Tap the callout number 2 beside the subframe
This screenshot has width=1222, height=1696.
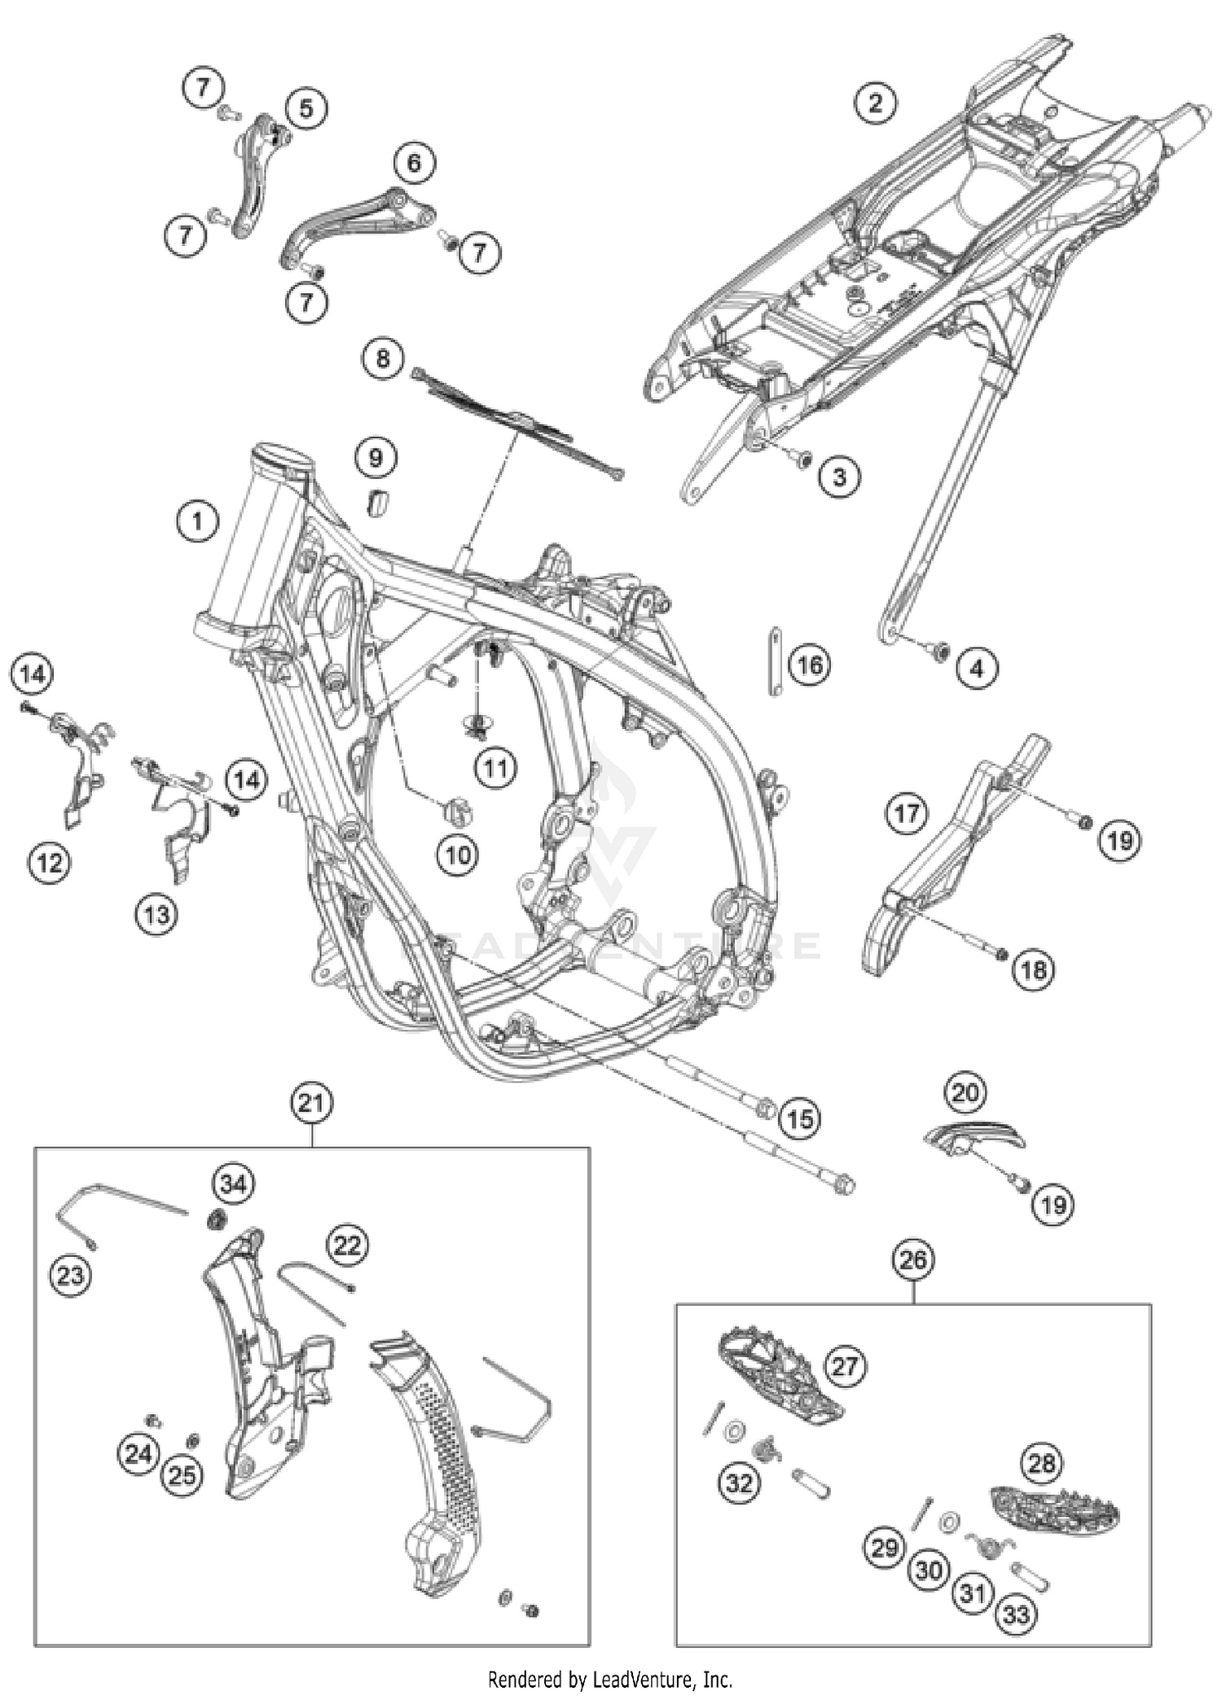pos(875,103)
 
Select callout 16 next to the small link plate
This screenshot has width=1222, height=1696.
pos(809,666)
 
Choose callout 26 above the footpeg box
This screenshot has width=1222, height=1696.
pos(913,1260)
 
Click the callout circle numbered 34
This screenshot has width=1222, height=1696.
pos(233,1184)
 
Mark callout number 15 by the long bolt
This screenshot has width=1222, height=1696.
pos(800,1118)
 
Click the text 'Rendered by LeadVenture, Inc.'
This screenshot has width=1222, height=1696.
pos(610,1680)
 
